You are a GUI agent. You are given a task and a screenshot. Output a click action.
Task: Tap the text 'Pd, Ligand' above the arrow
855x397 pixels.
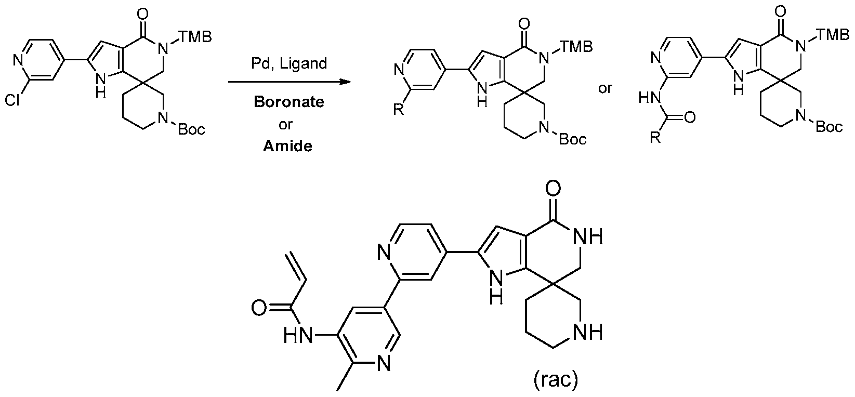pyautogui.click(x=288, y=64)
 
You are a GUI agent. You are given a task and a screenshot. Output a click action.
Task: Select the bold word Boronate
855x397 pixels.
pyautogui.click(x=288, y=102)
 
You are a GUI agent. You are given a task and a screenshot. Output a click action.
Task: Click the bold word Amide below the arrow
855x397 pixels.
pyautogui.click(x=287, y=146)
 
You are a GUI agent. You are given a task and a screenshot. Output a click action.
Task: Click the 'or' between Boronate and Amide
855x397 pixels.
pyautogui.click(x=286, y=124)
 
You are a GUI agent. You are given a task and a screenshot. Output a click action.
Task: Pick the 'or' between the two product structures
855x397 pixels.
pyautogui.click(x=605, y=88)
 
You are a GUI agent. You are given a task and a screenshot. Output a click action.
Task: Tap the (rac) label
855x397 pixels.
pyautogui.click(x=555, y=380)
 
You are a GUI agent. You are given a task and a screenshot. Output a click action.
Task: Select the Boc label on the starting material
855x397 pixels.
pyautogui.click(x=191, y=129)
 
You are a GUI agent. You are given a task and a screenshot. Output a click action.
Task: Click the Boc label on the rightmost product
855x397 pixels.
pyautogui.click(x=828, y=127)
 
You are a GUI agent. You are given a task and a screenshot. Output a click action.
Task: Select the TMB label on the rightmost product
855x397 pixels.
pyautogui.click(x=836, y=35)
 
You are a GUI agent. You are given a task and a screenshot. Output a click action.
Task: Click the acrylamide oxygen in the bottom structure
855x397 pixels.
pyautogui.click(x=258, y=308)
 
